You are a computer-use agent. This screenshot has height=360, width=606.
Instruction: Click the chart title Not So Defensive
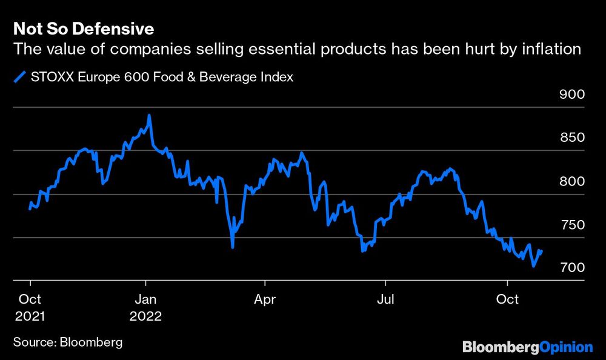click(x=83, y=28)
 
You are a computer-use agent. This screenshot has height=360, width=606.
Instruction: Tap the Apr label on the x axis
click(x=265, y=299)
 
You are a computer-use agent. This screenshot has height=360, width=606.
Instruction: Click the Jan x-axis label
click(x=145, y=299)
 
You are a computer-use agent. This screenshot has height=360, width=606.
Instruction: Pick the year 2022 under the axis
click(x=145, y=316)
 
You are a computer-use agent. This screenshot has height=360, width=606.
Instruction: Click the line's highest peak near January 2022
click(x=149, y=115)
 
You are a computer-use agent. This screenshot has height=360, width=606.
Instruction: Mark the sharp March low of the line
click(x=233, y=247)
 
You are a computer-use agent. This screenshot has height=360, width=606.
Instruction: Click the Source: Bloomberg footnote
click(x=67, y=342)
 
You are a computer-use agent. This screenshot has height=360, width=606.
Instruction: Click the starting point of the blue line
click(x=30, y=208)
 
